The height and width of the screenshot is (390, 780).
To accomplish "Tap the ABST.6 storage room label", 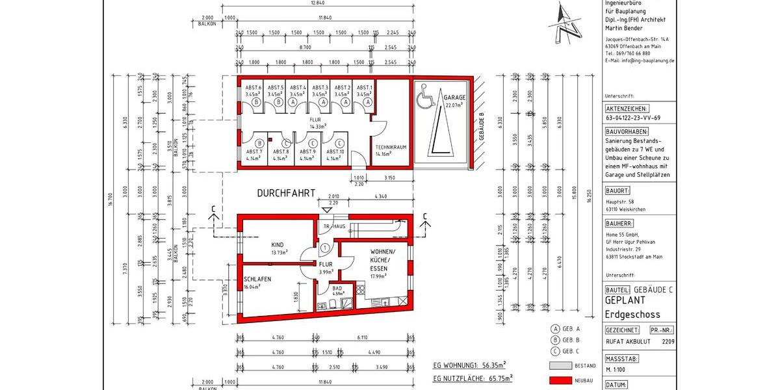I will pos(253,88).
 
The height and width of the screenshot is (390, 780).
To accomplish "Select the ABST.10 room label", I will pos(335,151).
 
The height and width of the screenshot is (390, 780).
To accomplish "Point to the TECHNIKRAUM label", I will pos(391,148).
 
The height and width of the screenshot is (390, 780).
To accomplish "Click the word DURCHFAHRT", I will pos(286,193).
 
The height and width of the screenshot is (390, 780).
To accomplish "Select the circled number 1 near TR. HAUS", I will pos(324,248).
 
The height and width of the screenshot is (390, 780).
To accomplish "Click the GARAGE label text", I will pos(454,97).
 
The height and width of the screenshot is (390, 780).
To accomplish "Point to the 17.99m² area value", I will pos(378,276).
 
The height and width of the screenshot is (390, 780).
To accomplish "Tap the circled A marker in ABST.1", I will pos(367,102).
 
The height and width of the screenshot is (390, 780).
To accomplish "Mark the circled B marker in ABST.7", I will pos(259,143).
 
